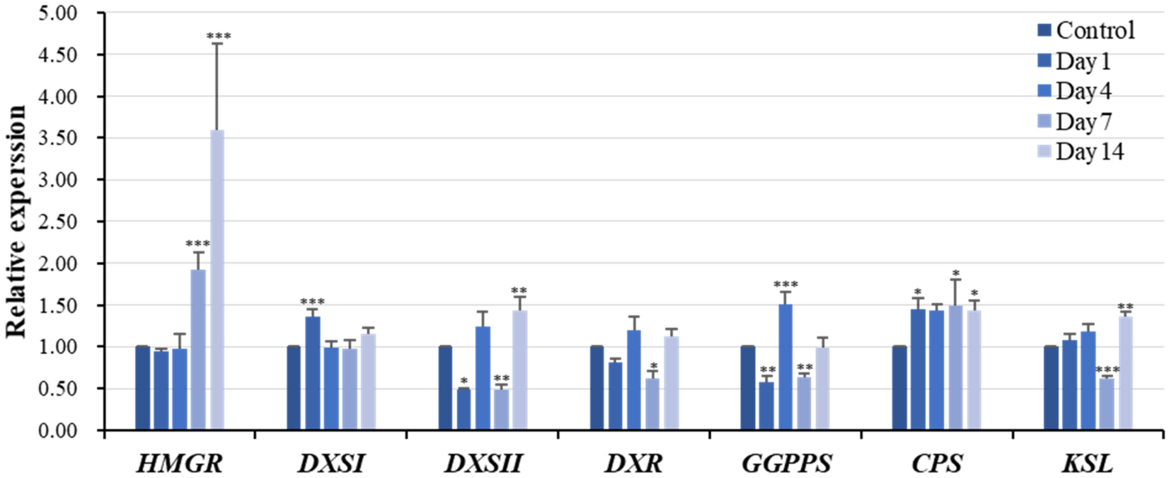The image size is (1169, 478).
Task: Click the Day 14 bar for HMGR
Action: click(217, 280)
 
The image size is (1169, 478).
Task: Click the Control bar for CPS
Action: click(899, 388)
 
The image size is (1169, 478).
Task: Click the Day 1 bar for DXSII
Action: click(464, 409)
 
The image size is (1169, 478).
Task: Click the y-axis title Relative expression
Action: click(17, 222)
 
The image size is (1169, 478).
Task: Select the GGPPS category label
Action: click(785, 464)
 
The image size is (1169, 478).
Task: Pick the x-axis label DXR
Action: click(633, 464)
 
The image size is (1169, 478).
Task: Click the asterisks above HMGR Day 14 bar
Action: click(218, 35)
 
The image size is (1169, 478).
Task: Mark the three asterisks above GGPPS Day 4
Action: click(785, 285)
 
